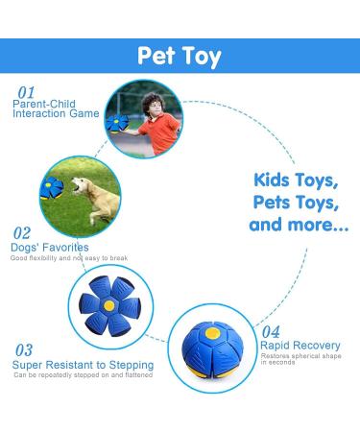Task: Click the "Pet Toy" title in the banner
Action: point(180,56)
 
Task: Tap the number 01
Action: point(24,92)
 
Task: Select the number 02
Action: point(21,232)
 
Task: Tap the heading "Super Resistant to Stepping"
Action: point(83,365)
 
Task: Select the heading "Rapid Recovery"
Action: point(300,345)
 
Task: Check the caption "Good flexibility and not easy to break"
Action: point(70,258)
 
